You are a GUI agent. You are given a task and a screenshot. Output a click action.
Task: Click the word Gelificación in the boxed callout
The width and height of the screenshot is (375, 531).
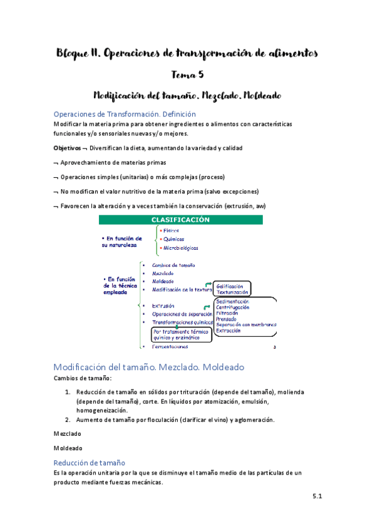[x=230, y=286]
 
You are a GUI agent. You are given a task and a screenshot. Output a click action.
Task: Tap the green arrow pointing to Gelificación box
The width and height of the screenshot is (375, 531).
[x=207, y=286]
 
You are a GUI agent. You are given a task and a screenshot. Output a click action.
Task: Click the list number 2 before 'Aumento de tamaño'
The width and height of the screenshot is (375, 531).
[x=68, y=420]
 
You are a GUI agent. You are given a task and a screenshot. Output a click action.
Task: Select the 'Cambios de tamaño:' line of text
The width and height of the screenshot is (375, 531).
[x=83, y=378]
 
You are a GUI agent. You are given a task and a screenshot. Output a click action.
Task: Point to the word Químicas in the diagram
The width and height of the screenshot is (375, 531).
[x=173, y=239]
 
